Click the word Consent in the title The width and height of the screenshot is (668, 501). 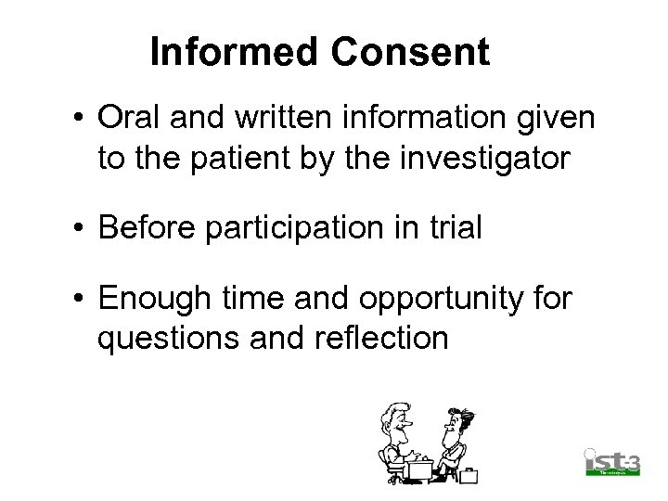(x=410, y=52)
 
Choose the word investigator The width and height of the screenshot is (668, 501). (x=493, y=159)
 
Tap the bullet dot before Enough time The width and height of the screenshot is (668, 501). (x=82, y=300)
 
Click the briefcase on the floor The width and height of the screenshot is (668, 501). (x=469, y=476)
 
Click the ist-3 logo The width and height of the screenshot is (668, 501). (x=612, y=461)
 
